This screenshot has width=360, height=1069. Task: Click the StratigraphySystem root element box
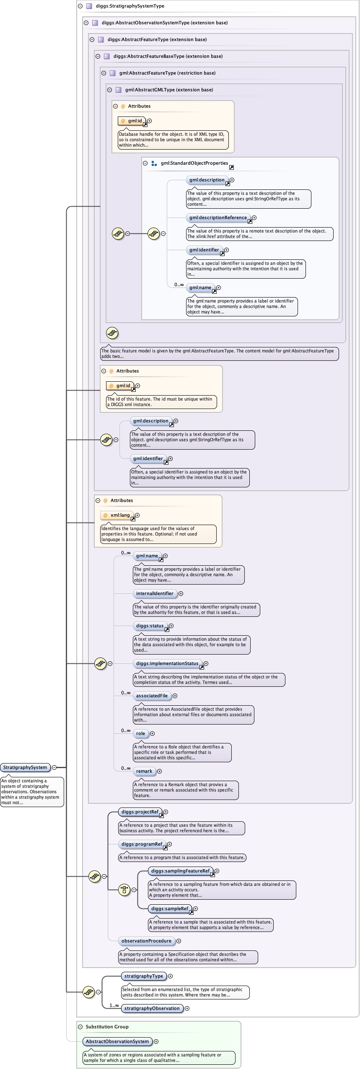(25, 767)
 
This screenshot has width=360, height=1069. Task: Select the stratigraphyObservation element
(152, 1008)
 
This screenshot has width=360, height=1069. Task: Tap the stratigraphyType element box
(144, 976)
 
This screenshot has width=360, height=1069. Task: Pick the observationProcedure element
(146, 941)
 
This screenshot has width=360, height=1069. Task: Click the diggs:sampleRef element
(170, 909)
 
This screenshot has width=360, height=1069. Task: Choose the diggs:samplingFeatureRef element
(180, 871)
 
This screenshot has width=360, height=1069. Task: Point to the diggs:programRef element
(142, 844)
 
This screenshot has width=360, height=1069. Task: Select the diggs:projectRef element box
(140, 812)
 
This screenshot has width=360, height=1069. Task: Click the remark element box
(144, 771)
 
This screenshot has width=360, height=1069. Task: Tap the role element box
(140, 733)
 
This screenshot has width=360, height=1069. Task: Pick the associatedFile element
(152, 696)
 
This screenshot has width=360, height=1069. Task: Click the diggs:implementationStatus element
(167, 663)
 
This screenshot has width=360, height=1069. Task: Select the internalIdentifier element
(155, 593)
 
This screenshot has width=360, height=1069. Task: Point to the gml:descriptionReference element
(218, 217)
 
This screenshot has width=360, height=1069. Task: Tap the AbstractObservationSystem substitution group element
(117, 1041)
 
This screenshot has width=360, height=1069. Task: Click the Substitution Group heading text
(107, 1027)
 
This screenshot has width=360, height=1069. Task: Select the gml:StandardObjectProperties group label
(194, 163)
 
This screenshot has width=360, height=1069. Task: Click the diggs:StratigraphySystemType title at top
(130, 6)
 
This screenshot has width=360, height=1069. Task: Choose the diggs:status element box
(150, 626)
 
